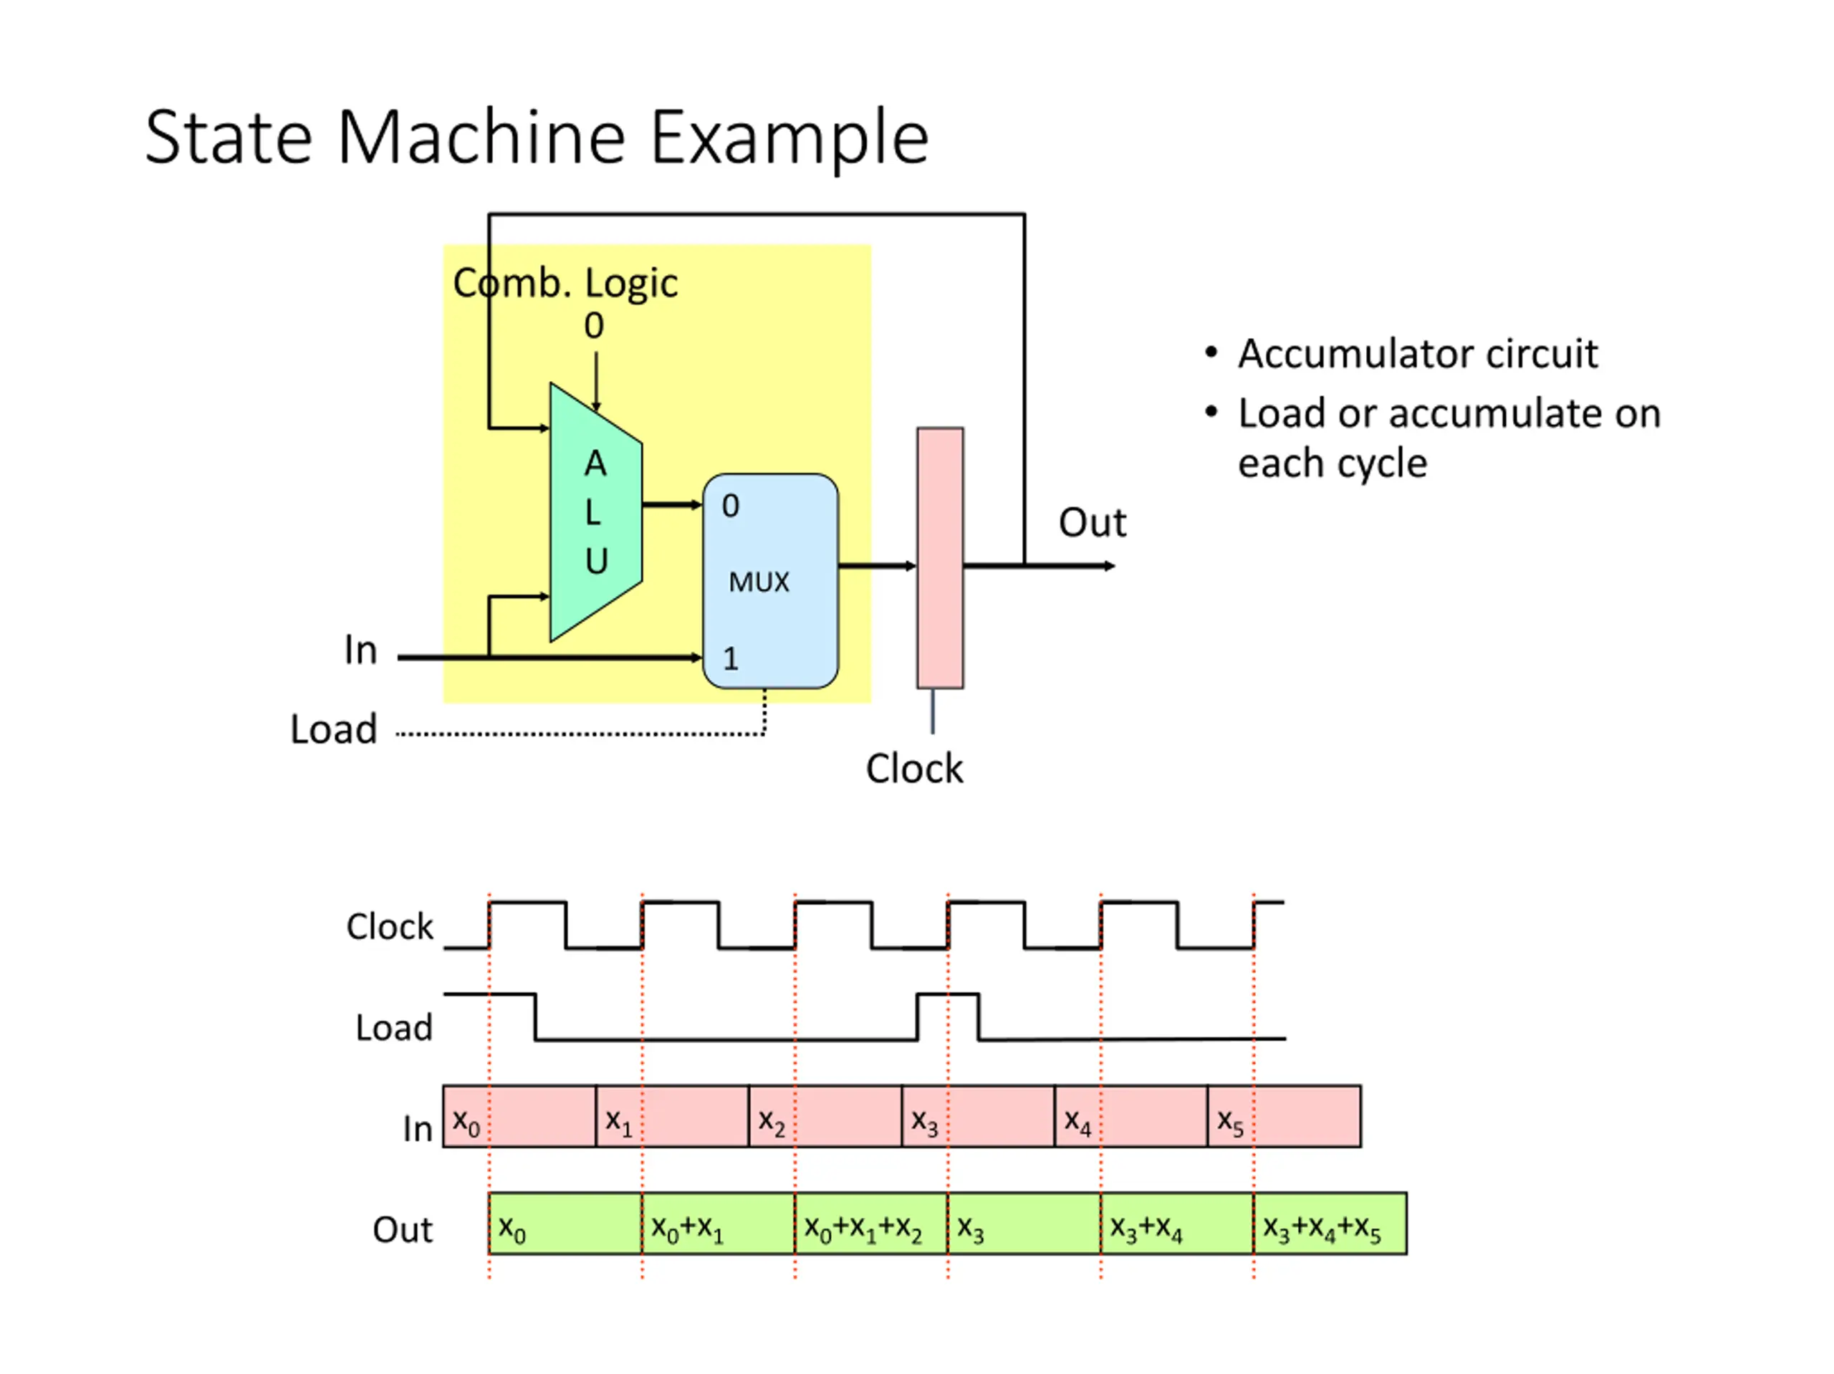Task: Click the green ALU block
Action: click(x=596, y=511)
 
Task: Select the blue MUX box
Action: click(x=770, y=581)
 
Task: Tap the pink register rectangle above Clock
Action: click(x=940, y=558)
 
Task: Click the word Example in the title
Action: click(x=789, y=138)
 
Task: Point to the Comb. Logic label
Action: click(x=565, y=284)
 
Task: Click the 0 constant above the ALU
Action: click(x=594, y=326)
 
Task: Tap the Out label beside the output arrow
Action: click(x=1092, y=522)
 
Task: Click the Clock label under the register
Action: click(x=915, y=769)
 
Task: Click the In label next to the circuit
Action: click(x=360, y=650)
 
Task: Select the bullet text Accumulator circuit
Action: click(x=1418, y=354)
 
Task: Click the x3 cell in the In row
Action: click(x=979, y=1116)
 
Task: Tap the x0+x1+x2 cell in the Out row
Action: click(x=870, y=1223)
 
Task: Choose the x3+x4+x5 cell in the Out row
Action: click(x=1330, y=1223)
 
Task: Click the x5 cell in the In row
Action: click(x=1285, y=1116)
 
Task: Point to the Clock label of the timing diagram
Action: click(x=390, y=926)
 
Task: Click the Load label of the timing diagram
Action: click(x=394, y=1028)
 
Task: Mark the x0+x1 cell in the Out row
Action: click(x=718, y=1223)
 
